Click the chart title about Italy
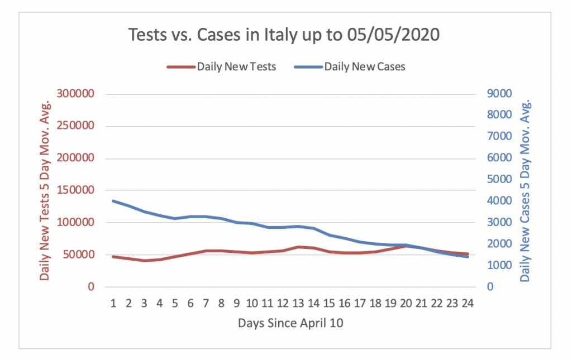[x=284, y=35]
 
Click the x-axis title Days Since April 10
[x=290, y=323]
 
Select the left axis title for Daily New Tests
[x=45, y=190]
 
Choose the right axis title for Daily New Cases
[x=525, y=190]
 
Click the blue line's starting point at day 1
[x=113, y=201]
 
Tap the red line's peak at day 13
[x=298, y=247]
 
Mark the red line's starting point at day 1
[x=113, y=257]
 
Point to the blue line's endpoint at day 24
[x=468, y=257]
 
